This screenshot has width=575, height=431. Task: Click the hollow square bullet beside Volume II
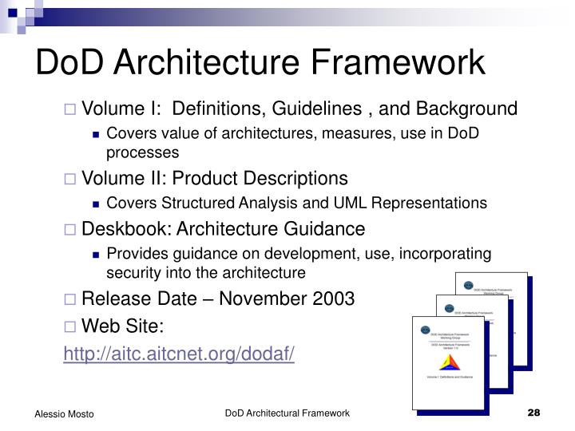tap(70, 178)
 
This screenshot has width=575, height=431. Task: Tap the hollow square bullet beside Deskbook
tap(70, 230)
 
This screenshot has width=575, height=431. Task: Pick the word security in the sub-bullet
tap(133, 272)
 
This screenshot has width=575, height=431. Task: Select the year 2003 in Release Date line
tap(333, 299)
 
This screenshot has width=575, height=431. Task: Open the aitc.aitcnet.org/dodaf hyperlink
tap(179, 353)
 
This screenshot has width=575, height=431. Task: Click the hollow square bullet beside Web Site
tap(70, 326)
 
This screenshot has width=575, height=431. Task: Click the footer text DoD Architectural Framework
tap(287, 413)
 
